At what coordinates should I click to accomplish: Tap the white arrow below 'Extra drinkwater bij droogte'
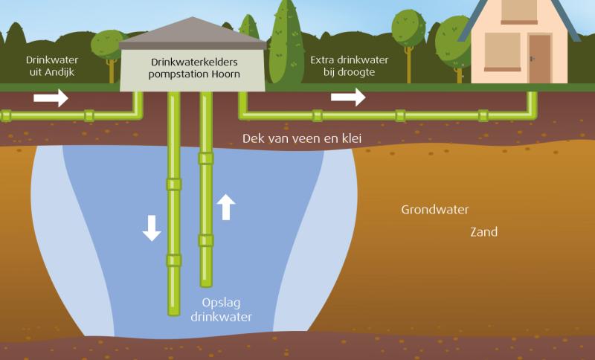[348, 96]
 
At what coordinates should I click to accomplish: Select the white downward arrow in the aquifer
[152, 228]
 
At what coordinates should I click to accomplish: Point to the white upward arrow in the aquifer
[228, 206]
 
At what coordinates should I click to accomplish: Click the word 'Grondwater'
[434, 210]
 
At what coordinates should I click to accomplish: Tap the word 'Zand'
[483, 232]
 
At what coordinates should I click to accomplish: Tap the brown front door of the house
[539, 59]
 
